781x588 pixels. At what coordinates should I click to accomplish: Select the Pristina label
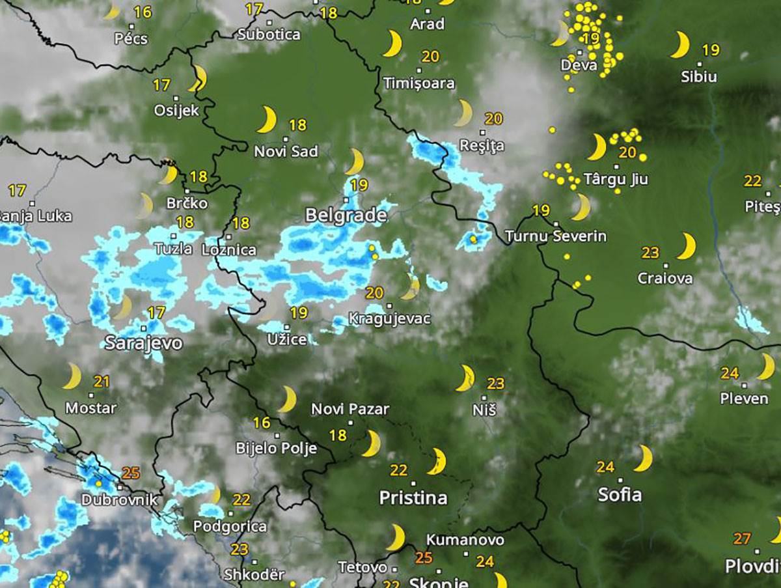(413, 498)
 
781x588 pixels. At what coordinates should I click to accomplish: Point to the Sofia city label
(620, 494)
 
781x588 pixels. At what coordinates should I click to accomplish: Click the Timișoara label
(419, 83)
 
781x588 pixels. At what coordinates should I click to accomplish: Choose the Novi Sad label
(286, 152)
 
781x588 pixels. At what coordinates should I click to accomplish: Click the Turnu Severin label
(556, 236)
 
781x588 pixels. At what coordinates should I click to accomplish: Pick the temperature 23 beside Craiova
(650, 253)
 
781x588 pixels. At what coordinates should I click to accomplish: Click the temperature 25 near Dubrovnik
(131, 473)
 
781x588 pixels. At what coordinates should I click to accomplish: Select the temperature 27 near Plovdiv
(742, 539)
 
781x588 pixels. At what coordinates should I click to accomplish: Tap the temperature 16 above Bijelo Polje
(262, 423)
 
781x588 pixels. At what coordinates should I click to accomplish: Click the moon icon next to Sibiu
(680, 45)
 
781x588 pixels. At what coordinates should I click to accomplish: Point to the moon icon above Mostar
(72, 376)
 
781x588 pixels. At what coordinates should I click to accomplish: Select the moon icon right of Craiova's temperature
(685, 247)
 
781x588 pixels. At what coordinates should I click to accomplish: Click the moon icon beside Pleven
(766, 367)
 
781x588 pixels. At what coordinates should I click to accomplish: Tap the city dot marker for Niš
(484, 397)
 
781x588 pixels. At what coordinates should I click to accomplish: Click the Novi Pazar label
(350, 409)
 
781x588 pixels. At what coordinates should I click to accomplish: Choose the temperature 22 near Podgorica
(241, 499)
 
